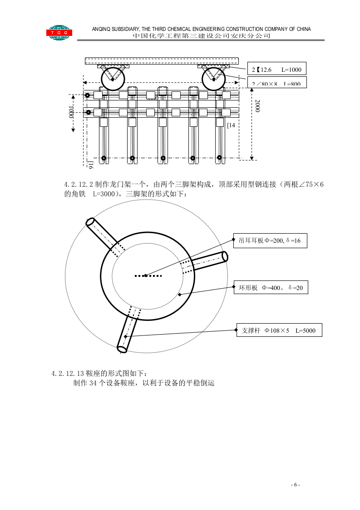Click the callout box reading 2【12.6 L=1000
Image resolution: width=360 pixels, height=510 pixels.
coord(276,70)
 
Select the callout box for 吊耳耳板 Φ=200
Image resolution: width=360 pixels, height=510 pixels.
coord(270,240)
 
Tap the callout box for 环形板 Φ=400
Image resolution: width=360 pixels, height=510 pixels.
coord(271,288)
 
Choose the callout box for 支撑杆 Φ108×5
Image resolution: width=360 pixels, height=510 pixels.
coord(279,330)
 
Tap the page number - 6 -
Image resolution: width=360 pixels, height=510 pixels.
coord(295,485)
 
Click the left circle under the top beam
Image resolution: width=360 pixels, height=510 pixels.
coord(113,79)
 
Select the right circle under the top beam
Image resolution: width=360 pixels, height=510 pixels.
coord(213,80)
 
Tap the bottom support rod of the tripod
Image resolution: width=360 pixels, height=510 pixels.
coord(127,331)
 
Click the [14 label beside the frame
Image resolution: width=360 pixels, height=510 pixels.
coord(231,125)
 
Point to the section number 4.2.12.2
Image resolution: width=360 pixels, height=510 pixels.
coord(79,185)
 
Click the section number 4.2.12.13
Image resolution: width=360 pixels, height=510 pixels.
coord(68,374)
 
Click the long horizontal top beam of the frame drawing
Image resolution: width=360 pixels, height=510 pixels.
coord(162,61)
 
